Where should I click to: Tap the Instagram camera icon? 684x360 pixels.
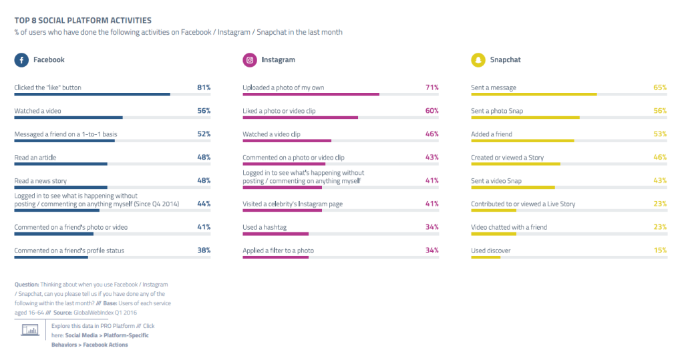pyautogui.click(x=250, y=60)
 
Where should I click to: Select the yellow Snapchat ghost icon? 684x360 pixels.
pyautogui.click(x=478, y=60)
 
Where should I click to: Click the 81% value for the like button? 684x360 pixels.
pyautogui.click(x=204, y=87)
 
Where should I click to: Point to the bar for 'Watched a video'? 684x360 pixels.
pyautogui.click(x=68, y=118)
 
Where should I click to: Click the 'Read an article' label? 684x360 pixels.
pyautogui.click(x=35, y=158)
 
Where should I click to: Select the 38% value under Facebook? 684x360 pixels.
pyautogui.click(x=204, y=250)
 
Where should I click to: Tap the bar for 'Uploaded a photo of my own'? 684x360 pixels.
pyautogui.click(x=311, y=94)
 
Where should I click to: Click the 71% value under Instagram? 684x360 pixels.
pyautogui.click(x=432, y=87)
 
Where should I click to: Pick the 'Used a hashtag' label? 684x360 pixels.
pyautogui.click(x=265, y=228)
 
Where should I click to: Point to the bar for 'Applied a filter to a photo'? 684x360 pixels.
pyautogui.click(x=275, y=257)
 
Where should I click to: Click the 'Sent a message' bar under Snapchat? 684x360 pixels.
pyautogui.click(x=534, y=94)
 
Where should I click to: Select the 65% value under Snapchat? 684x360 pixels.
pyautogui.click(x=660, y=87)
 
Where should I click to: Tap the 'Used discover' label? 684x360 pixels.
pyautogui.click(x=492, y=250)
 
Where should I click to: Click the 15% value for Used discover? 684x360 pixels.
pyautogui.click(x=660, y=250)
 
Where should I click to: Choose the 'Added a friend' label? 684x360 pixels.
pyautogui.click(x=492, y=134)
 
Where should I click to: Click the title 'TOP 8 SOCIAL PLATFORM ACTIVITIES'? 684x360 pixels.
pyautogui.click(x=83, y=21)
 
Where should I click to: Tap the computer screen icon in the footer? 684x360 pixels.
pyautogui.click(x=30, y=329)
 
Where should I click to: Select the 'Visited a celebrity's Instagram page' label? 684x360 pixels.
pyautogui.click(x=293, y=204)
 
